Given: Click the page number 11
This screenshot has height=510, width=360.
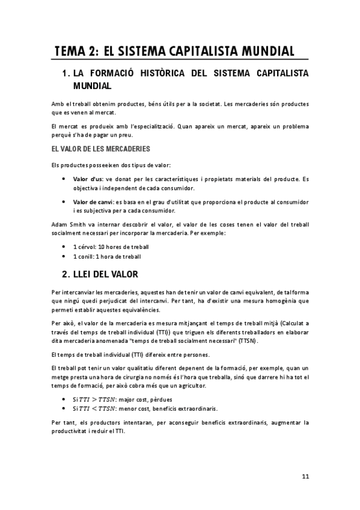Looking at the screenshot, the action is point(305,476).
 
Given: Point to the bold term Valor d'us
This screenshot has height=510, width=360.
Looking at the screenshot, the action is point(88,179).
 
